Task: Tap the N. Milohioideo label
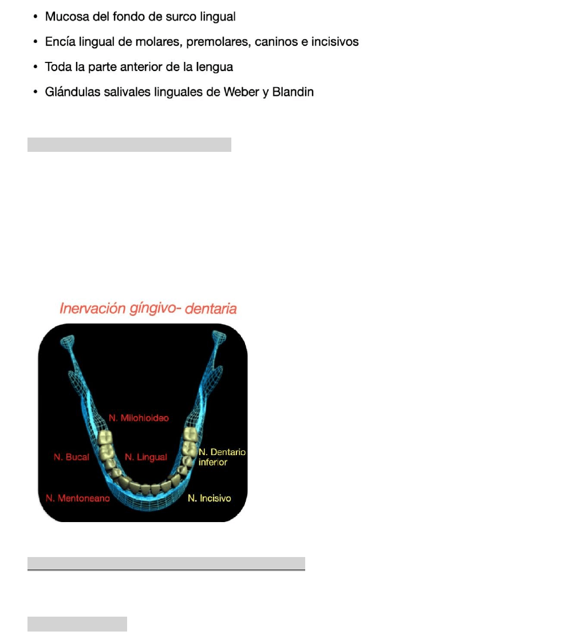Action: point(139,418)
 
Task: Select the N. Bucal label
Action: point(71,457)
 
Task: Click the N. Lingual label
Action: point(146,457)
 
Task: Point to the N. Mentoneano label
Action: point(77,499)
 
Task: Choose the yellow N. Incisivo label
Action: point(210,499)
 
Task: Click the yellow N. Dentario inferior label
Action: point(222,457)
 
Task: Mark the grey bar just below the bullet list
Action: point(129,144)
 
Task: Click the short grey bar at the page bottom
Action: point(77,624)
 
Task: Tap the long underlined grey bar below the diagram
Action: point(166,563)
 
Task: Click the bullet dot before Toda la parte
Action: point(36,68)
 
